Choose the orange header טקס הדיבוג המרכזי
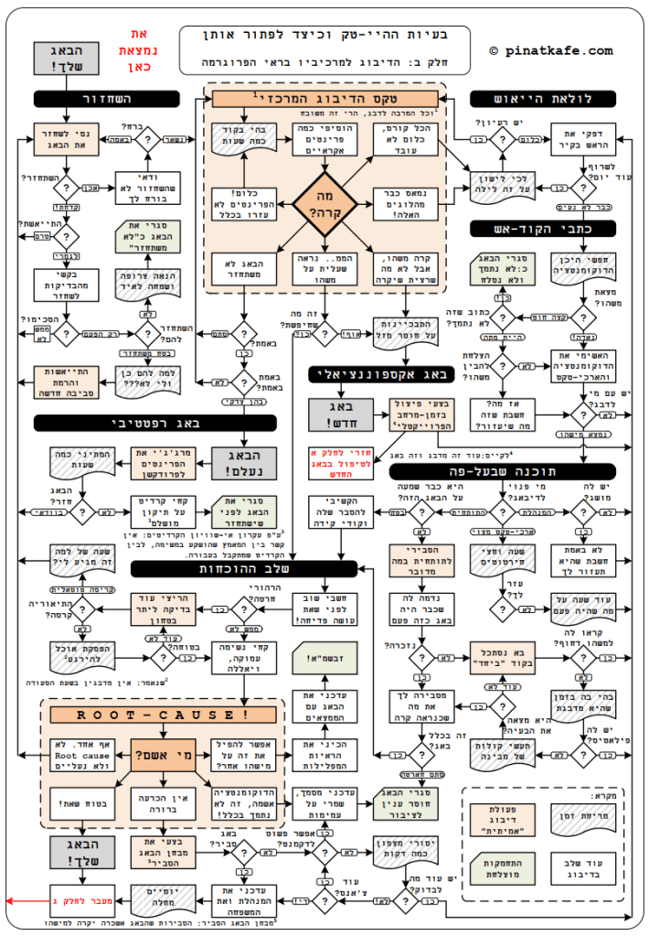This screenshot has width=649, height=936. pyautogui.click(x=324, y=97)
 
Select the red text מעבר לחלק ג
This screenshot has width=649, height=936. pyautogui.click(x=88, y=900)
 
